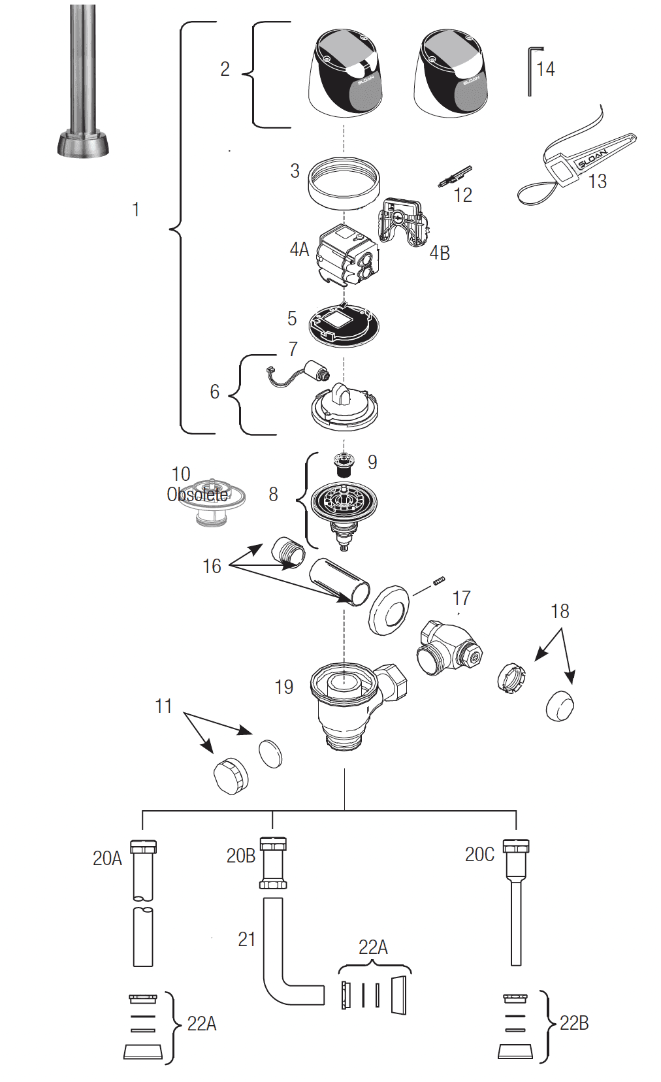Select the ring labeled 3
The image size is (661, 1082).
coord(344,182)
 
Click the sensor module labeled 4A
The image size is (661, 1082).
coord(347,255)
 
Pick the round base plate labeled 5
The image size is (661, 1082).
coord(344,324)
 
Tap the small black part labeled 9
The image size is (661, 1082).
coord(344,465)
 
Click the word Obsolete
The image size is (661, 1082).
coord(197,495)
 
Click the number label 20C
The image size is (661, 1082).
coord(479,855)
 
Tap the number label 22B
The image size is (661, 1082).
coord(574,1023)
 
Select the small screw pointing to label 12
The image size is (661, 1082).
coord(455,175)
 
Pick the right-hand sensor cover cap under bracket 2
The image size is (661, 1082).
coord(451,73)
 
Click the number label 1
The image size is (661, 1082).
coord(136,210)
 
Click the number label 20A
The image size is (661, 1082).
coord(107,858)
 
